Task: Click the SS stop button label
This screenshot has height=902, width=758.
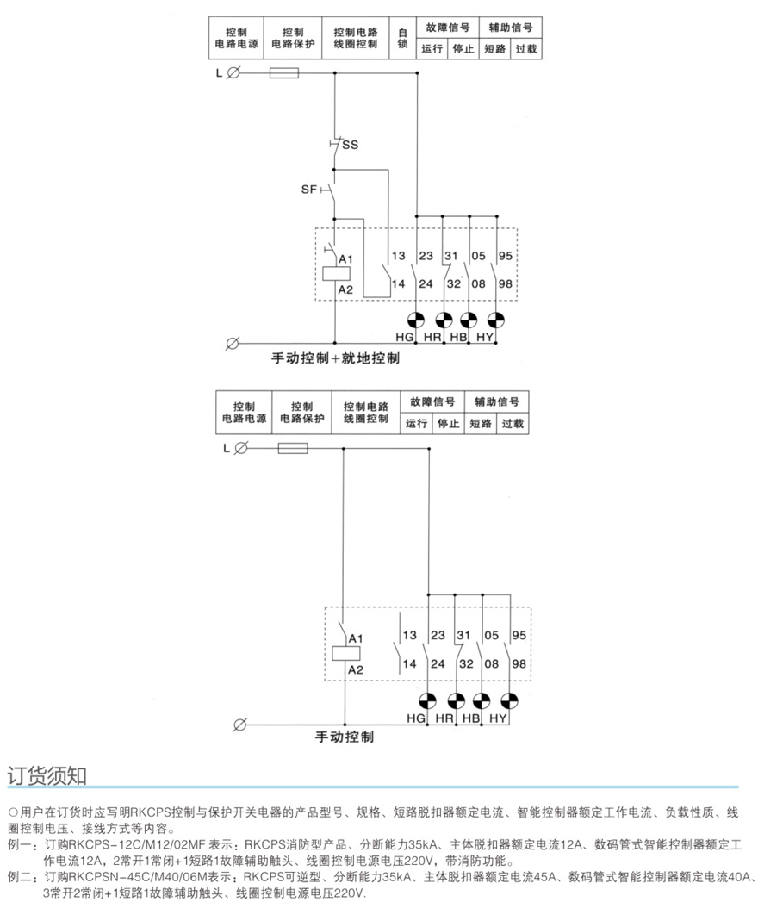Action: coord(350,145)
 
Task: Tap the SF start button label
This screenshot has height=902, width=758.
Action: coord(309,188)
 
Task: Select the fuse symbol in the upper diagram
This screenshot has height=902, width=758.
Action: coord(284,74)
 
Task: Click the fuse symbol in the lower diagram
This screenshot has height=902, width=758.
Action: coord(293,448)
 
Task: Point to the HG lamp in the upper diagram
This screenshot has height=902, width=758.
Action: coord(416,318)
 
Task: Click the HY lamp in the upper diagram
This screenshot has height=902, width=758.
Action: coord(499,318)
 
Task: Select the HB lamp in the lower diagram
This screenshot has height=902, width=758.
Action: coord(482,700)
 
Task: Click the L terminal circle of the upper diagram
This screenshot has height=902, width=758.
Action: coord(233,74)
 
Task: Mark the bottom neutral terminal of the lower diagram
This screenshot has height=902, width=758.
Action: coord(241,722)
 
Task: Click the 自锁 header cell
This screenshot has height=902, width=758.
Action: coord(402,38)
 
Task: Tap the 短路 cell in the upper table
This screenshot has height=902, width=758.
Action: coord(494,49)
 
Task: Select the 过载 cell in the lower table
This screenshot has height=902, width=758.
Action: coord(513,423)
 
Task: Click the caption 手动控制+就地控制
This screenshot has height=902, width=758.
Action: coord(336,358)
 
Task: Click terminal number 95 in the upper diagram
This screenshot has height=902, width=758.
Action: coord(506,257)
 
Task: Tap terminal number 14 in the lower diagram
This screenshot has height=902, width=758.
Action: coord(409,663)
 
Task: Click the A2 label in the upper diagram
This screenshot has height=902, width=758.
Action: coord(346,289)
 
